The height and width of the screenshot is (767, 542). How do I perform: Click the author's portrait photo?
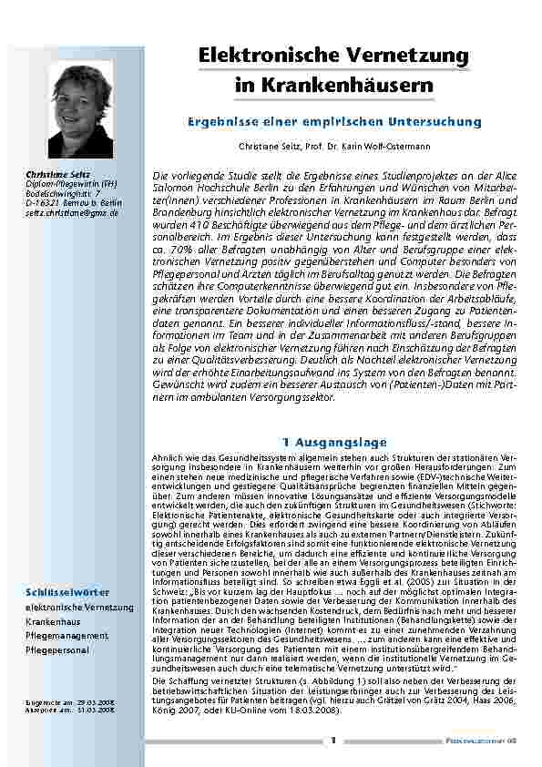pos(80,109)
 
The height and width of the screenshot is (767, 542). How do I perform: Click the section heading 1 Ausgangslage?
pos(334,442)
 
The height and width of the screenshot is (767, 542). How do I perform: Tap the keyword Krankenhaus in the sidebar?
pos(53,619)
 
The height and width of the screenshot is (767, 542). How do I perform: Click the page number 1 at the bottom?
pos(334,741)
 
